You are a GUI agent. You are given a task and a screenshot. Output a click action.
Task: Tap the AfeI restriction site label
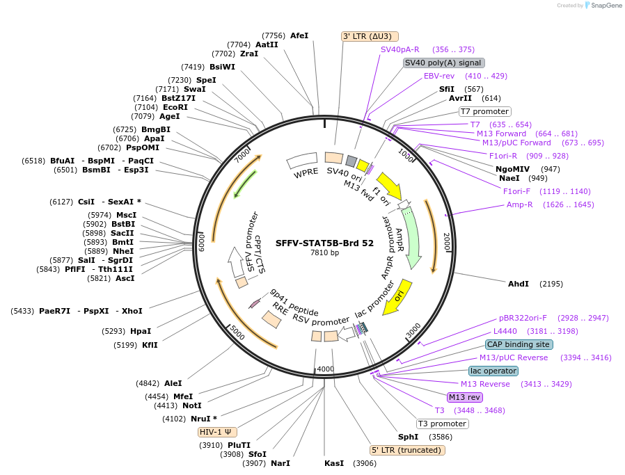[x=299, y=35]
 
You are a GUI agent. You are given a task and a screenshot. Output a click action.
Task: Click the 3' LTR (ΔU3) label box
[x=370, y=36]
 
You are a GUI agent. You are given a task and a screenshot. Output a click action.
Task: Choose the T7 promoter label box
[x=484, y=111]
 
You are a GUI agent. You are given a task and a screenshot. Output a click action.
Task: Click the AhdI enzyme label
[x=519, y=284]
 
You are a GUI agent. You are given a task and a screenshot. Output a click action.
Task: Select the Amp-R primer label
[x=519, y=204]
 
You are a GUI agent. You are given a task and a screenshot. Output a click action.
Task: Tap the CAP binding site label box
[x=519, y=344]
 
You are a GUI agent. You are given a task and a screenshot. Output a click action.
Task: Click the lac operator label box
[x=493, y=371]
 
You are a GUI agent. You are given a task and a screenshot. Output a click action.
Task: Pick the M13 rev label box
[x=464, y=397]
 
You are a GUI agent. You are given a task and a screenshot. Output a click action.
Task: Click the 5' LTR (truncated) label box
[x=407, y=450]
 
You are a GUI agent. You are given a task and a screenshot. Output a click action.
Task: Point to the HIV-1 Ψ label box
[x=218, y=432]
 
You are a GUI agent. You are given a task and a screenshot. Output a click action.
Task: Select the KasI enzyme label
[x=334, y=463]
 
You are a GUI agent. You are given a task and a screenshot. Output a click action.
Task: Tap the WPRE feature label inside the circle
[x=306, y=172]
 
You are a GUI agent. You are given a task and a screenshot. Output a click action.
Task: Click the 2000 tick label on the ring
[x=446, y=243]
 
